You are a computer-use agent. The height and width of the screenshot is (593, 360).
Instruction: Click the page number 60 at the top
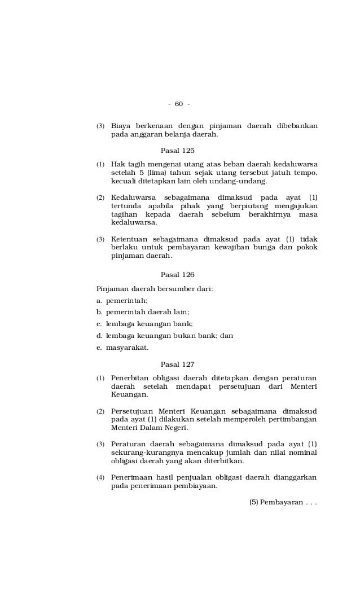179,104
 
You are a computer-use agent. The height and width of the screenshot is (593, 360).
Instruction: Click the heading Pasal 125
177,150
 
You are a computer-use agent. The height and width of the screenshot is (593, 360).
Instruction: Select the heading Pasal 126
177,275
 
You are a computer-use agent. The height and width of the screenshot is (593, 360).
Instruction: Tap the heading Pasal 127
177,364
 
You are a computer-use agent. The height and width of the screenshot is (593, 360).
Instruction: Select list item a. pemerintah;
122,301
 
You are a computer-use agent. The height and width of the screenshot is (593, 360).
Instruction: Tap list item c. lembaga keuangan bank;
145,324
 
